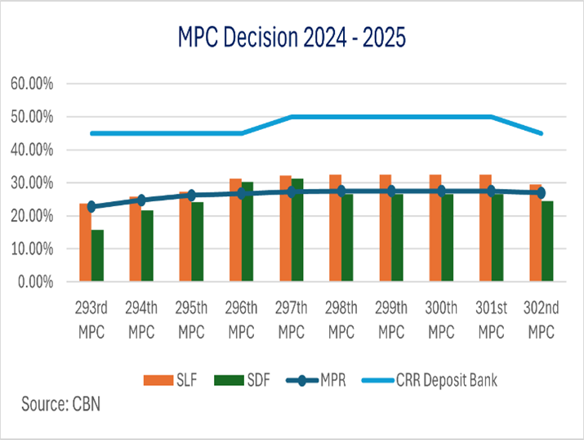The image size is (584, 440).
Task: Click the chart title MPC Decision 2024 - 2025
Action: point(292,36)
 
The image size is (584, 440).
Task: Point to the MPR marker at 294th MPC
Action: point(140,200)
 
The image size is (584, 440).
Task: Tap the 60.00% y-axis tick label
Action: point(32,83)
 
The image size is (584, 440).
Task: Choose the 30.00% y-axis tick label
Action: point(32,182)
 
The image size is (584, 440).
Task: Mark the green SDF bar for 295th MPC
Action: point(198,241)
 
